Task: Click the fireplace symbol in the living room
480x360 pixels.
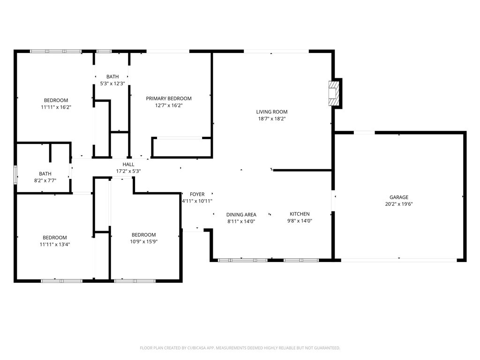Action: click(x=334, y=93)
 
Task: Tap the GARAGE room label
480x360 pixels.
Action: click(x=398, y=197)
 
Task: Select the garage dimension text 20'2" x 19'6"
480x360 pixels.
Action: click(x=398, y=204)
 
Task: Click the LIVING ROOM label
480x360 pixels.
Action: click(x=271, y=112)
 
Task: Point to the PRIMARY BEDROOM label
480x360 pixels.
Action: click(x=169, y=98)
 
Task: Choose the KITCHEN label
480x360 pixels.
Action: click(x=300, y=214)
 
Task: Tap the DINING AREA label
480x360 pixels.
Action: click(x=241, y=215)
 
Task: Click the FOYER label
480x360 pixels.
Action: click(x=197, y=194)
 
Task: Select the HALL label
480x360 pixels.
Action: click(x=128, y=165)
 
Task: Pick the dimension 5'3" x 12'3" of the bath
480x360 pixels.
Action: click(x=112, y=83)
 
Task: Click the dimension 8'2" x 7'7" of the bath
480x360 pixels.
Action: click(x=45, y=180)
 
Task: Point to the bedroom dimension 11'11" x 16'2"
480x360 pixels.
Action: click(x=56, y=107)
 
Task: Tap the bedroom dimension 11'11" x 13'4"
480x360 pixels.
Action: click(x=55, y=244)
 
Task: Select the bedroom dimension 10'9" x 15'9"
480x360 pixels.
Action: click(x=143, y=241)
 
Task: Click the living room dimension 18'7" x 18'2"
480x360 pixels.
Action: click(x=271, y=119)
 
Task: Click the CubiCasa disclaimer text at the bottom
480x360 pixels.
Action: click(x=240, y=348)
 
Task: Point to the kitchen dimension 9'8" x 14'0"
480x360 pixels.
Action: click(x=300, y=221)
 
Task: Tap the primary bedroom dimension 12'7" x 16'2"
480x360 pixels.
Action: click(x=169, y=105)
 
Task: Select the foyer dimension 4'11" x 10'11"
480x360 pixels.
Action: click(x=197, y=201)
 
